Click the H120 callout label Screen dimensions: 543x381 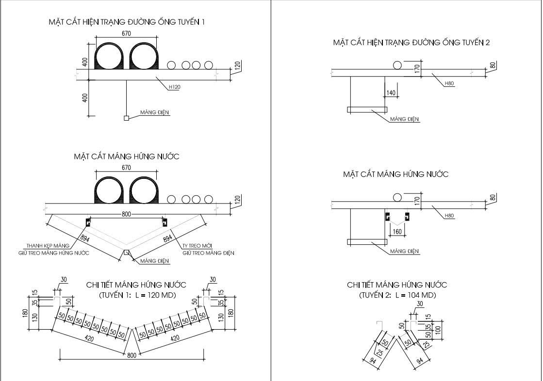pos(175,87)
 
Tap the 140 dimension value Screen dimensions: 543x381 pos(391,93)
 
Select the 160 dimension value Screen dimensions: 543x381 pos(397,232)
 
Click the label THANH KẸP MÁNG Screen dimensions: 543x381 pos(48,246)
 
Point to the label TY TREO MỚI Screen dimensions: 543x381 pos(197,246)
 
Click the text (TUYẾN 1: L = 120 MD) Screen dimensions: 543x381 pos(137,295)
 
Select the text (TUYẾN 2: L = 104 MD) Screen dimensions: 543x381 pos(397,295)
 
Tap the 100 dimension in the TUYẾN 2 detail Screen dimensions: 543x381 pos(438,330)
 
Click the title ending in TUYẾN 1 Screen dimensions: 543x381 pos(127,22)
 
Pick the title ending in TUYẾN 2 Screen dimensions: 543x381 pos(411,42)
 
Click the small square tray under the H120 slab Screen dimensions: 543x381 pos(126,118)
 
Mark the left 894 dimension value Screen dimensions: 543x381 pos(85,238)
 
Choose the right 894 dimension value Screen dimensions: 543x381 pos(167,238)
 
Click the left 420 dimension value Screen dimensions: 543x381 pos(89,338)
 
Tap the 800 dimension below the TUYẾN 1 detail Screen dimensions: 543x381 pos(132,355)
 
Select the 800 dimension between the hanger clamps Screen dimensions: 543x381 pos(126,214)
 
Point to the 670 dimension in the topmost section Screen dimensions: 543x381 pos(126,33)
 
